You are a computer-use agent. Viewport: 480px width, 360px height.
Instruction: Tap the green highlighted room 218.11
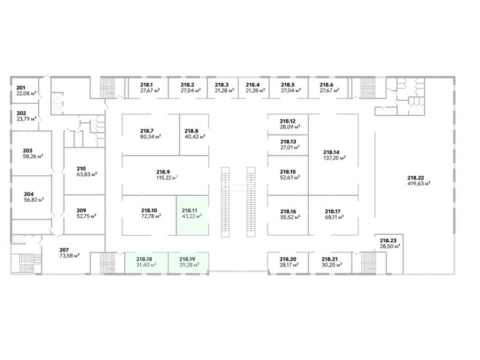tap(191, 214)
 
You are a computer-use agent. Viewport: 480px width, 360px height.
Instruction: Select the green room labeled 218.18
tap(146, 262)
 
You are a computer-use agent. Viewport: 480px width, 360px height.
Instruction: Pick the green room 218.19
tap(188, 262)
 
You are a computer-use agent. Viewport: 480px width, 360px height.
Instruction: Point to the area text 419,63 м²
tap(419, 184)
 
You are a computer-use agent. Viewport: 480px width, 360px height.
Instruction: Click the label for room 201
tap(21, 87)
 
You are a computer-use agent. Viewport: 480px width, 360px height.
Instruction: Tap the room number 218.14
tap(331, 152)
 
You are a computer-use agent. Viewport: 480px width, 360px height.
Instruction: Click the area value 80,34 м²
tap(148, 137)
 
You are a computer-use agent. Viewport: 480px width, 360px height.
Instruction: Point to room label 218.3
tap(222, 85)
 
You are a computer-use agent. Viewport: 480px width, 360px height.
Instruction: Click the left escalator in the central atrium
tap(226, 201)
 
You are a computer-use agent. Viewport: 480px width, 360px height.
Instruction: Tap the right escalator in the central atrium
tap(251, 201)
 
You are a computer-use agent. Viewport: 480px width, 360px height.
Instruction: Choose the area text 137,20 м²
tap(334, 159)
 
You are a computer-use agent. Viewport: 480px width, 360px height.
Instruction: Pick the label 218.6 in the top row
tap(326, 85)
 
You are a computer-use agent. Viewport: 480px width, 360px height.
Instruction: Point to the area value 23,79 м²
tap(26, 119)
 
